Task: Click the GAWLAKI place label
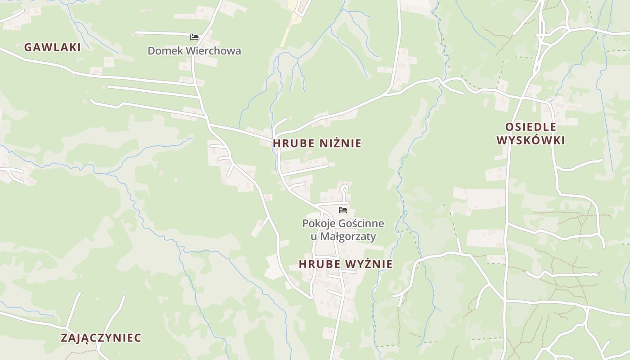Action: [52, 47]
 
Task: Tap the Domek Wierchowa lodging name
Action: [194, 51]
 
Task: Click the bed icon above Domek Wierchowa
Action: [194, 37]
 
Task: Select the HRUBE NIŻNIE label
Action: [317, 144]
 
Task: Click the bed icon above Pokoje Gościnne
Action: [343, 210]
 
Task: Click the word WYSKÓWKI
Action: [531, 140]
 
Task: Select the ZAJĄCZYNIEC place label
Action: [101, 338]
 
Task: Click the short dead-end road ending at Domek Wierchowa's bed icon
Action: [162, 33]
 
